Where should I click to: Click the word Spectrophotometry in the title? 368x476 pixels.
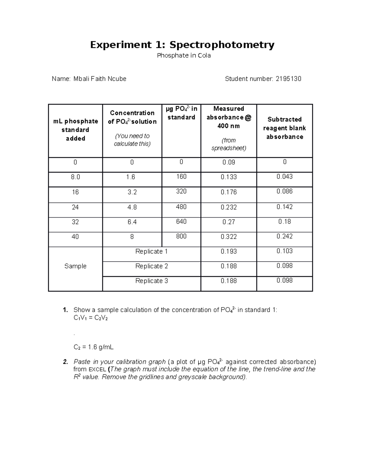click(222, 45)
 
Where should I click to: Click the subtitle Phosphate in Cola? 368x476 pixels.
click(184, 55)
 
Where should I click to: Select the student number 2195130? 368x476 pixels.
click(288, 79)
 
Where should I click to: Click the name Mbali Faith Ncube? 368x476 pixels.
click(100, 79)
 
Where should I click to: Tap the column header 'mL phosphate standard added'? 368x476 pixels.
click(75, 130)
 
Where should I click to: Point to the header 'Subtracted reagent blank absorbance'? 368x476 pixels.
click(284, 128)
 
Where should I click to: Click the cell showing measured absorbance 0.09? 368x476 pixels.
click(228, 162)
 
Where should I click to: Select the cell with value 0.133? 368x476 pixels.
click(228, 177)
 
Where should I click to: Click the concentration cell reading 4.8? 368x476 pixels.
click(132, 207)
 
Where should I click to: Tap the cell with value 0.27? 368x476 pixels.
click(228, 222)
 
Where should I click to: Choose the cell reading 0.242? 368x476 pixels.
click(284, 236)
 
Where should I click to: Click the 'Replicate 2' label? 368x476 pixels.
click(151, 266)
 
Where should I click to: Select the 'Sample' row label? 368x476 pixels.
click(75, 266)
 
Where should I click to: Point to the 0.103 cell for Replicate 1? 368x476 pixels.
click(284, 251)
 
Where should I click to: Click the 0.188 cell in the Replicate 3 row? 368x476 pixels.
click(228, 281)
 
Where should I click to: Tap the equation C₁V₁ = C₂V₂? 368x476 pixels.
click(90, 318)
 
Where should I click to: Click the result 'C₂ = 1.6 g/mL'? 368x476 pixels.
click(94, 347)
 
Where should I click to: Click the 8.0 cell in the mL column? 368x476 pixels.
click(75, 177)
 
